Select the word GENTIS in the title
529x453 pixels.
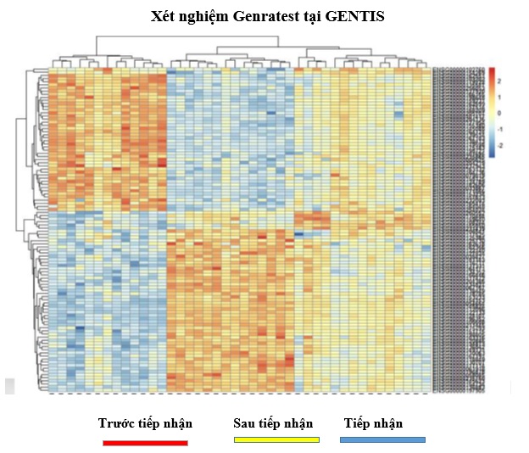(x=359, y=16)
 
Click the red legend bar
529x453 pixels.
(x=145, y=441)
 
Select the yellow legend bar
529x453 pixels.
(x=276, y=439)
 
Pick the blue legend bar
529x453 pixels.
(x=382, y=439)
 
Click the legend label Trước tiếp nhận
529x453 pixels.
(x=145, y=423)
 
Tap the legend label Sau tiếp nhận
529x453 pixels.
(x=273, y=423)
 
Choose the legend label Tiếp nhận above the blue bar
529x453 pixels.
(x=374, y=423)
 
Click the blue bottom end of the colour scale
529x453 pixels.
(x=492, y=155)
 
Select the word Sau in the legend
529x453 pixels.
(x=245, y=423)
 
